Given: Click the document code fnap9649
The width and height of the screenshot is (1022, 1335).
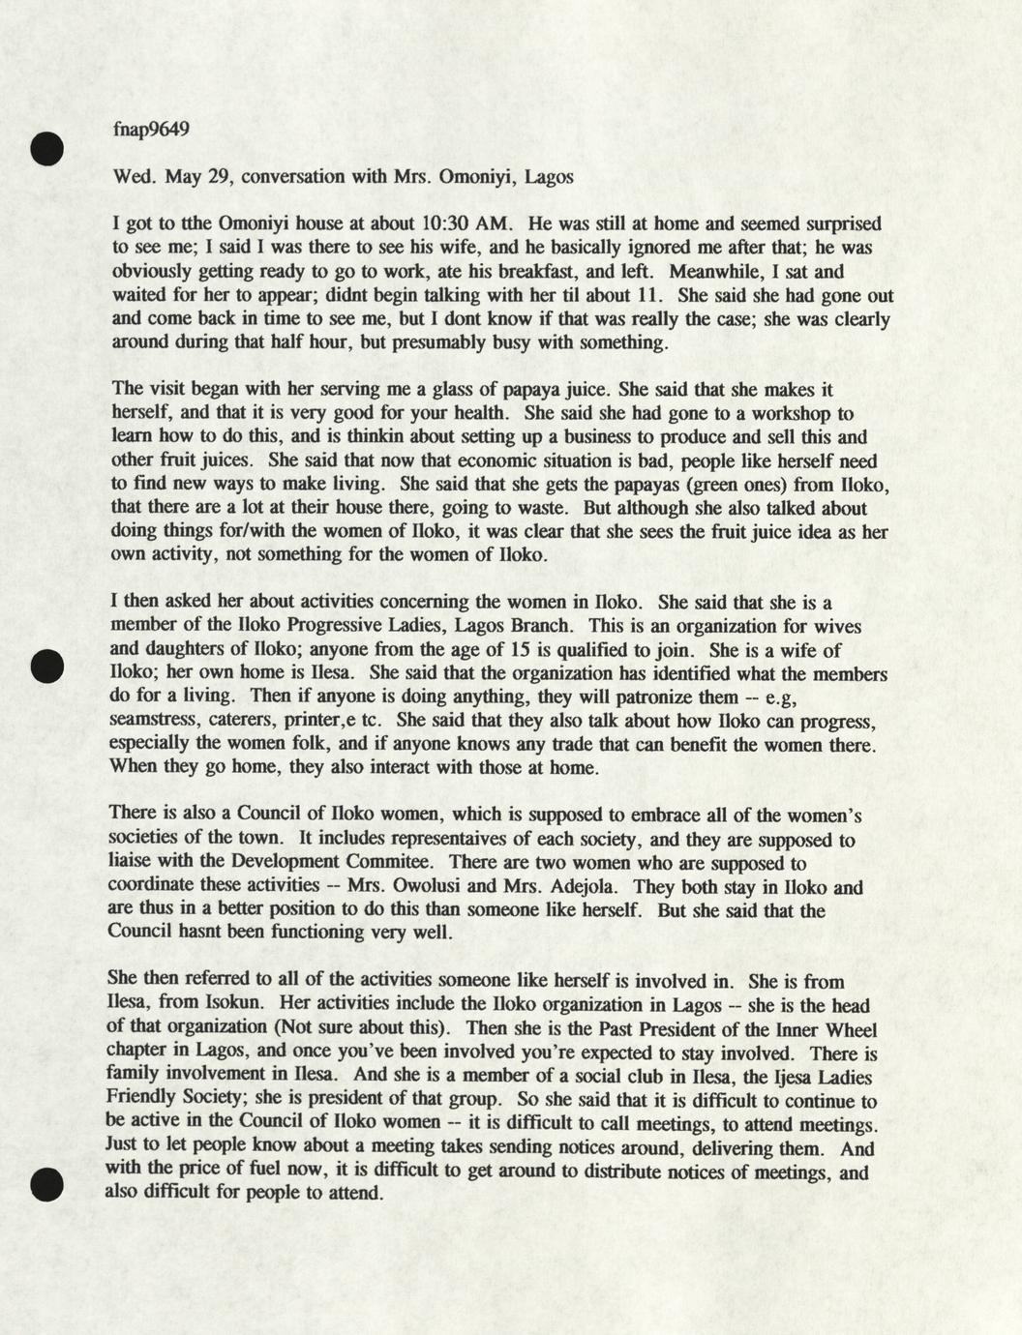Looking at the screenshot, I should point(150,130).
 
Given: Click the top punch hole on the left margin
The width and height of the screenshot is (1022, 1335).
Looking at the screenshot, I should point(45,147).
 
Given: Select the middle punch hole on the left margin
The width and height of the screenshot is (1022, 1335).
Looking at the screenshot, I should point(45,667).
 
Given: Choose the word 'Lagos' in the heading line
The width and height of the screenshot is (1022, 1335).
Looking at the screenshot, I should point(549,177).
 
